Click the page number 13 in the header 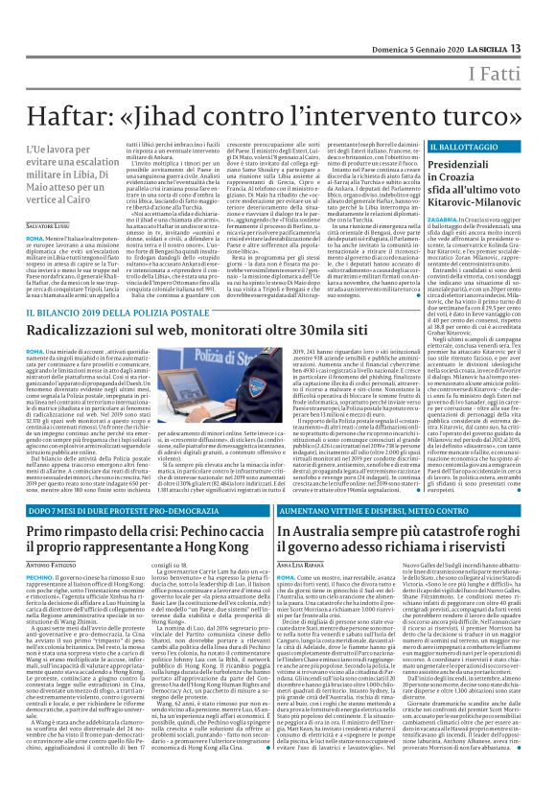(x=543, y=19)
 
